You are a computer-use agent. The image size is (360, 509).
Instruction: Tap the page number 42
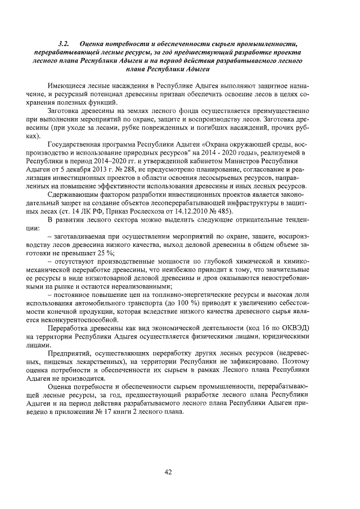pyautogui.click(x=167, y=471)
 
